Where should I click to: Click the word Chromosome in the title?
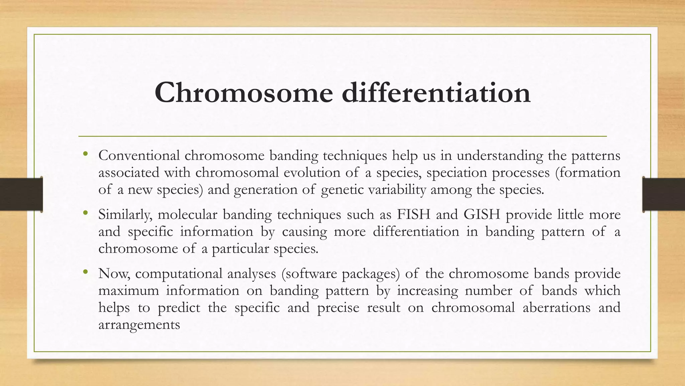click(243, 92)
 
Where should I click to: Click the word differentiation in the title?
click(436, 92)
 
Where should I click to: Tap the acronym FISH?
click(413, 214)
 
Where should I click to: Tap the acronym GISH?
click(482, 214)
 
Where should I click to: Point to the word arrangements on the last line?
click(139, 325)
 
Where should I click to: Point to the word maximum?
click(128, 291)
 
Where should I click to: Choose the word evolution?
click(312, 173)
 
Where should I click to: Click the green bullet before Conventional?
click(86, 154)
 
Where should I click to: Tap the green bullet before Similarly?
click(86, 213)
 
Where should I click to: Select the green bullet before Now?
click(86, 272)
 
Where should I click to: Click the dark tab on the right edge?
click(664, 194)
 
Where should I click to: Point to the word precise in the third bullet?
click(338, 308)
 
